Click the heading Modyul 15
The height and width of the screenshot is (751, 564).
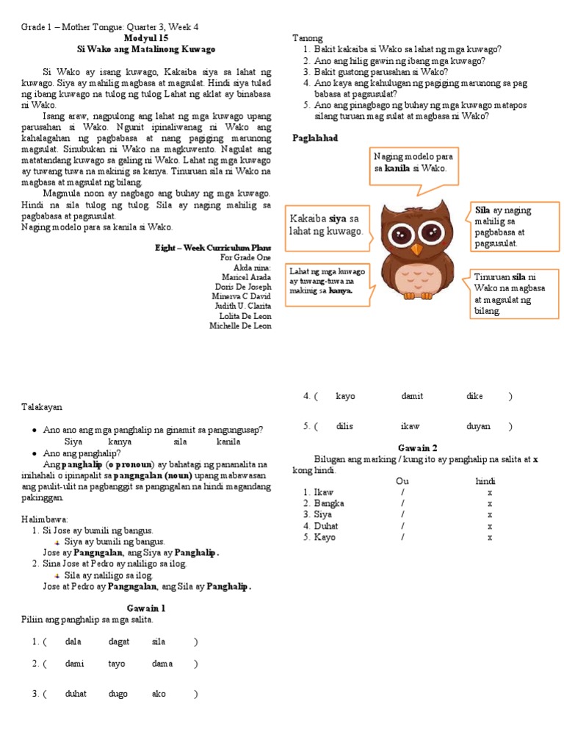coord(146,38)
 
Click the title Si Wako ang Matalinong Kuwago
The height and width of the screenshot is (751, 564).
coord(146,48)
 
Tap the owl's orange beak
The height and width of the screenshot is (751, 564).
coord(416,249)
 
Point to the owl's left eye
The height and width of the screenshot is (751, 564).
coord(401,235)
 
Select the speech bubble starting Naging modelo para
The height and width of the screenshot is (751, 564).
coord(414,163)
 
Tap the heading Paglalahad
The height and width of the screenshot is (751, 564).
coord(315,138)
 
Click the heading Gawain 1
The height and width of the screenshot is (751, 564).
coord(146,608)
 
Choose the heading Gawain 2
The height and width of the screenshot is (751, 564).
coord(417,447)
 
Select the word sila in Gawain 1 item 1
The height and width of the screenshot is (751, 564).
coord(159,642)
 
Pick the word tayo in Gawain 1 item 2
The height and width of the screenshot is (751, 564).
coord(117,664)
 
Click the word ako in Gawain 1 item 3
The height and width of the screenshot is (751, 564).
coord(159,694)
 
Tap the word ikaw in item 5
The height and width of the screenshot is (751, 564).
coord(410,426)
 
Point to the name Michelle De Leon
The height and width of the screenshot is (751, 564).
coord(240,326)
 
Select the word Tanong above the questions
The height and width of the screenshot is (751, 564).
coord(307,37)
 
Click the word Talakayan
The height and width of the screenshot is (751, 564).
coord(42,406)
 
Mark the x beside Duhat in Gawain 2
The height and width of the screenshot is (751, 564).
coord(490,526)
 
